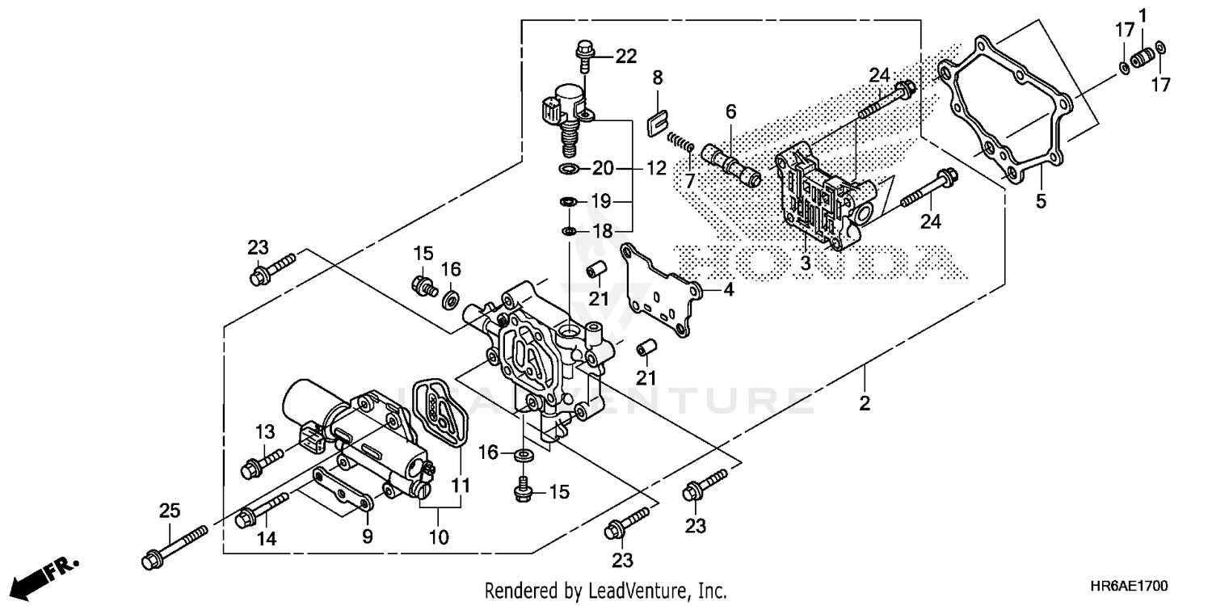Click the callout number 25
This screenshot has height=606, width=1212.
tap(169, 511)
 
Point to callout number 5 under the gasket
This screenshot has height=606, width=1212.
tap(1041, 200)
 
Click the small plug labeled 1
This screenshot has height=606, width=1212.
tap(1142, 58)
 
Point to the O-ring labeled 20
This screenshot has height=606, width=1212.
tap(569, 169)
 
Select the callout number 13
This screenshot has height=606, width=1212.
tap(265, 433)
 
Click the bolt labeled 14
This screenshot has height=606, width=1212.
tap(263, 510)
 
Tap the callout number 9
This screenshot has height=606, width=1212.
tap(367, 535)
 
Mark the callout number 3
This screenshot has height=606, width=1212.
tap(805, 263)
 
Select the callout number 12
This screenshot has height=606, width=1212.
tap(656, 169)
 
